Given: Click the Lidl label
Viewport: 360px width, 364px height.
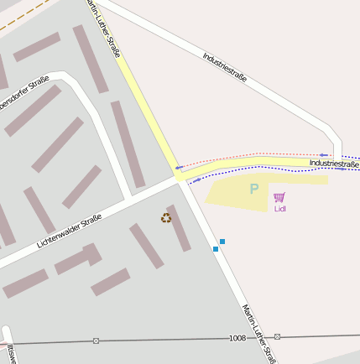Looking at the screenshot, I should coord(279,209).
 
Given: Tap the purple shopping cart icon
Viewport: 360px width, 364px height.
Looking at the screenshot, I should coord(279,197).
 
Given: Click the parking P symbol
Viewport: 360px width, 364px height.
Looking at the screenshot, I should coord(253,190).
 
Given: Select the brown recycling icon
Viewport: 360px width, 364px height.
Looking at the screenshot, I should coord(166,218).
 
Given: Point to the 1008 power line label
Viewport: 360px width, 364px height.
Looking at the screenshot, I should coord(237,338).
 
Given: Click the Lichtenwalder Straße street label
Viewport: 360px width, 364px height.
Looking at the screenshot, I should coord(69,231).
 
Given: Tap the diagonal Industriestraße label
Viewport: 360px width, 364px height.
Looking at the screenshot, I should coord(225,66).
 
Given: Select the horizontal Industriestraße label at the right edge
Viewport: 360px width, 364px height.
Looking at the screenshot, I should coord(333,164).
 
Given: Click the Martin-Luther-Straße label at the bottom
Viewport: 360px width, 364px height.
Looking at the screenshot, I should coord(258,333).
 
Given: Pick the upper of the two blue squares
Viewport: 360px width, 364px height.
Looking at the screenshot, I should coord(222,242).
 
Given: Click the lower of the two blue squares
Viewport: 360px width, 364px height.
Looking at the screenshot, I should coord(216,249).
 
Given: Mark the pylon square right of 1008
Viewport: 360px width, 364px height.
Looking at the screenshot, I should coord(277,336).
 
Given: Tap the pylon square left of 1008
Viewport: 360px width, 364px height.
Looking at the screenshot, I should coord(96,341).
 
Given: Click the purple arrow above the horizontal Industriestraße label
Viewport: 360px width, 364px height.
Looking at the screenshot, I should coord(323,155).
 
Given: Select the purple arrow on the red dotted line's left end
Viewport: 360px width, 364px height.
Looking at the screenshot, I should coord(179,168).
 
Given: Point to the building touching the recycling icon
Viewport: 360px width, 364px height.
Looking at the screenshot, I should coord(179,227).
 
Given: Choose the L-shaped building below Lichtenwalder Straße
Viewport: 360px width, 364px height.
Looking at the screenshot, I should coord(79,259).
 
